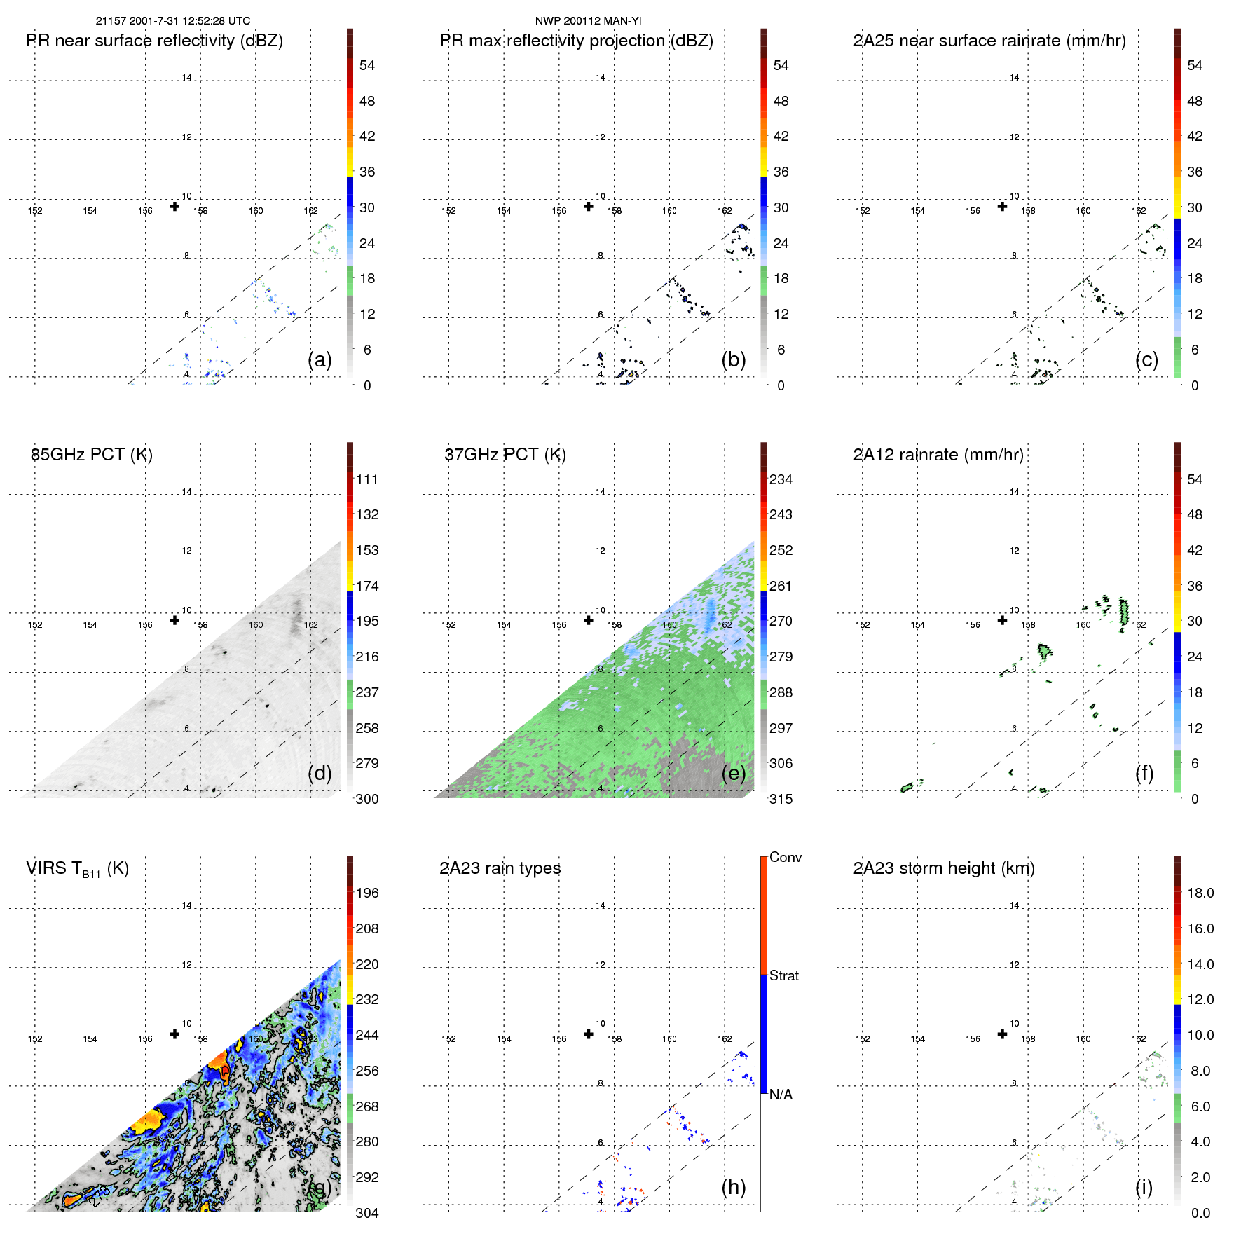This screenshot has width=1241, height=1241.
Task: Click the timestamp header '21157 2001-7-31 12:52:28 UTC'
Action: tap(173, 21)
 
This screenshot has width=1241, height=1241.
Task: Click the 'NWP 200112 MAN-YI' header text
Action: tap(588, 21)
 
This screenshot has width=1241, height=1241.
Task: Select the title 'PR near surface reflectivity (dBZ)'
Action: tap(154, 41)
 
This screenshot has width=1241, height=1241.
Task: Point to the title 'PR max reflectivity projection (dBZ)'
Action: tap(576, 41)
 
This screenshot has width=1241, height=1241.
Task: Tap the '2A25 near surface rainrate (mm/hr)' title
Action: tap(989, 41)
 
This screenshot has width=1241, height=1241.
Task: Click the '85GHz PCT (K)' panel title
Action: tap(92, 455)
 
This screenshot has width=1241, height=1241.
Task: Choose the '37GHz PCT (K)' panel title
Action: tap(505, 455)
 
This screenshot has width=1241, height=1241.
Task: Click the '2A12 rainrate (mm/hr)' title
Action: tap(938, 455)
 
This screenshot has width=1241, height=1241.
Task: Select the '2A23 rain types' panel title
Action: tap(500, 868)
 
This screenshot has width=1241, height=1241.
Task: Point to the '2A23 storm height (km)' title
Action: tap(944, 868)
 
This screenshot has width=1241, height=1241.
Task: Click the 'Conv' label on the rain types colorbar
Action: tap(786, 857)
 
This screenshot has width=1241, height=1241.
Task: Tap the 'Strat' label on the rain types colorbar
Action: tap(784, 975)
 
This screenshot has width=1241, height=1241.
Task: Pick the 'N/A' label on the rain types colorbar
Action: tap(781, 1095)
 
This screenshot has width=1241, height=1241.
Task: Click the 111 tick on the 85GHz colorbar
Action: tap(367, 479)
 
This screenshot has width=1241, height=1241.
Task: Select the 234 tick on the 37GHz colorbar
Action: tap(781, 479)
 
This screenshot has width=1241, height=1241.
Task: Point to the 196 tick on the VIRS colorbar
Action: tap(367, 893)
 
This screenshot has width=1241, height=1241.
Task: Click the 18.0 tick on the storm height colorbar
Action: tap(1200, 893)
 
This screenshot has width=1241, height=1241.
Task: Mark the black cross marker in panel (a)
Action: tap(174, 206)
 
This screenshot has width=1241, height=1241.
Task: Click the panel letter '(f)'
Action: tap(1144, 773)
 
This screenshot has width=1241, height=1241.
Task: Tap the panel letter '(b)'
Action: tap(734, 359)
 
